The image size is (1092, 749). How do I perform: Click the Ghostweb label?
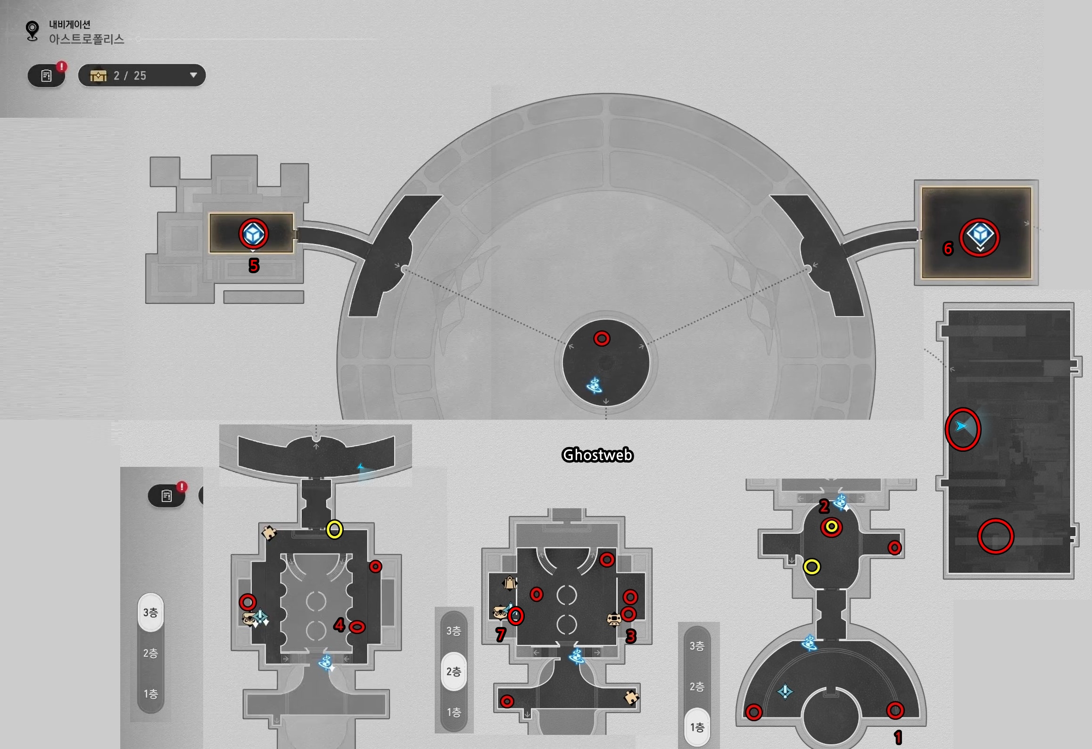pyautogui.click(x=597, y=455)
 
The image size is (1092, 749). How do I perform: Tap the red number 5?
pyautogui.click(x=254, y=266)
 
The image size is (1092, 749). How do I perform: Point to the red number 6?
pyautogui.click(x=948, y=248)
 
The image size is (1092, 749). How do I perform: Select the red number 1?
pyautogui.click(x=898, y=737)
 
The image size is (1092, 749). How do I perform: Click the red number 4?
pyautogui.click(x=339, y=625)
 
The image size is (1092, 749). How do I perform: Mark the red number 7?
pyautogui.click(x=501, y=635)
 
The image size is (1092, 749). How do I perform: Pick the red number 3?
pyautogui.click(x=631, y=636)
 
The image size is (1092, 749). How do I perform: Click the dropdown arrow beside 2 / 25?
pyautogui.click(x=193, y=75)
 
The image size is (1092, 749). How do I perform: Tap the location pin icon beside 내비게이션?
pyautogui.click(x=32, y=31)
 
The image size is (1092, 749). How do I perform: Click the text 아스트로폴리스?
pyautogui.click(x=87, y=39)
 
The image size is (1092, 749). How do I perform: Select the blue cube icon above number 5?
pyautogui.click(x=254, y=234)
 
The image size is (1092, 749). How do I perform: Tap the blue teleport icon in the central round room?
pyautogui.click(x=594, y=386)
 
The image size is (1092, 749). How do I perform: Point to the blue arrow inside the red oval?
pyautogui.click(x=961, y=426)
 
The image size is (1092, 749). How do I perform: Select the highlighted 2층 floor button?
pyautogui.click(x=454, y=671)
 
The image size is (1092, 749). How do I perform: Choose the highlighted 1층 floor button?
pyautogui.click(x=697, y=727)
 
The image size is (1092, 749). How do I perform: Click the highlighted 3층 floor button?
pyautogui.click(x=150, y=612)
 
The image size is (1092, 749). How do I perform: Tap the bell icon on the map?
pyautogui.click(x=510, y=584)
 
